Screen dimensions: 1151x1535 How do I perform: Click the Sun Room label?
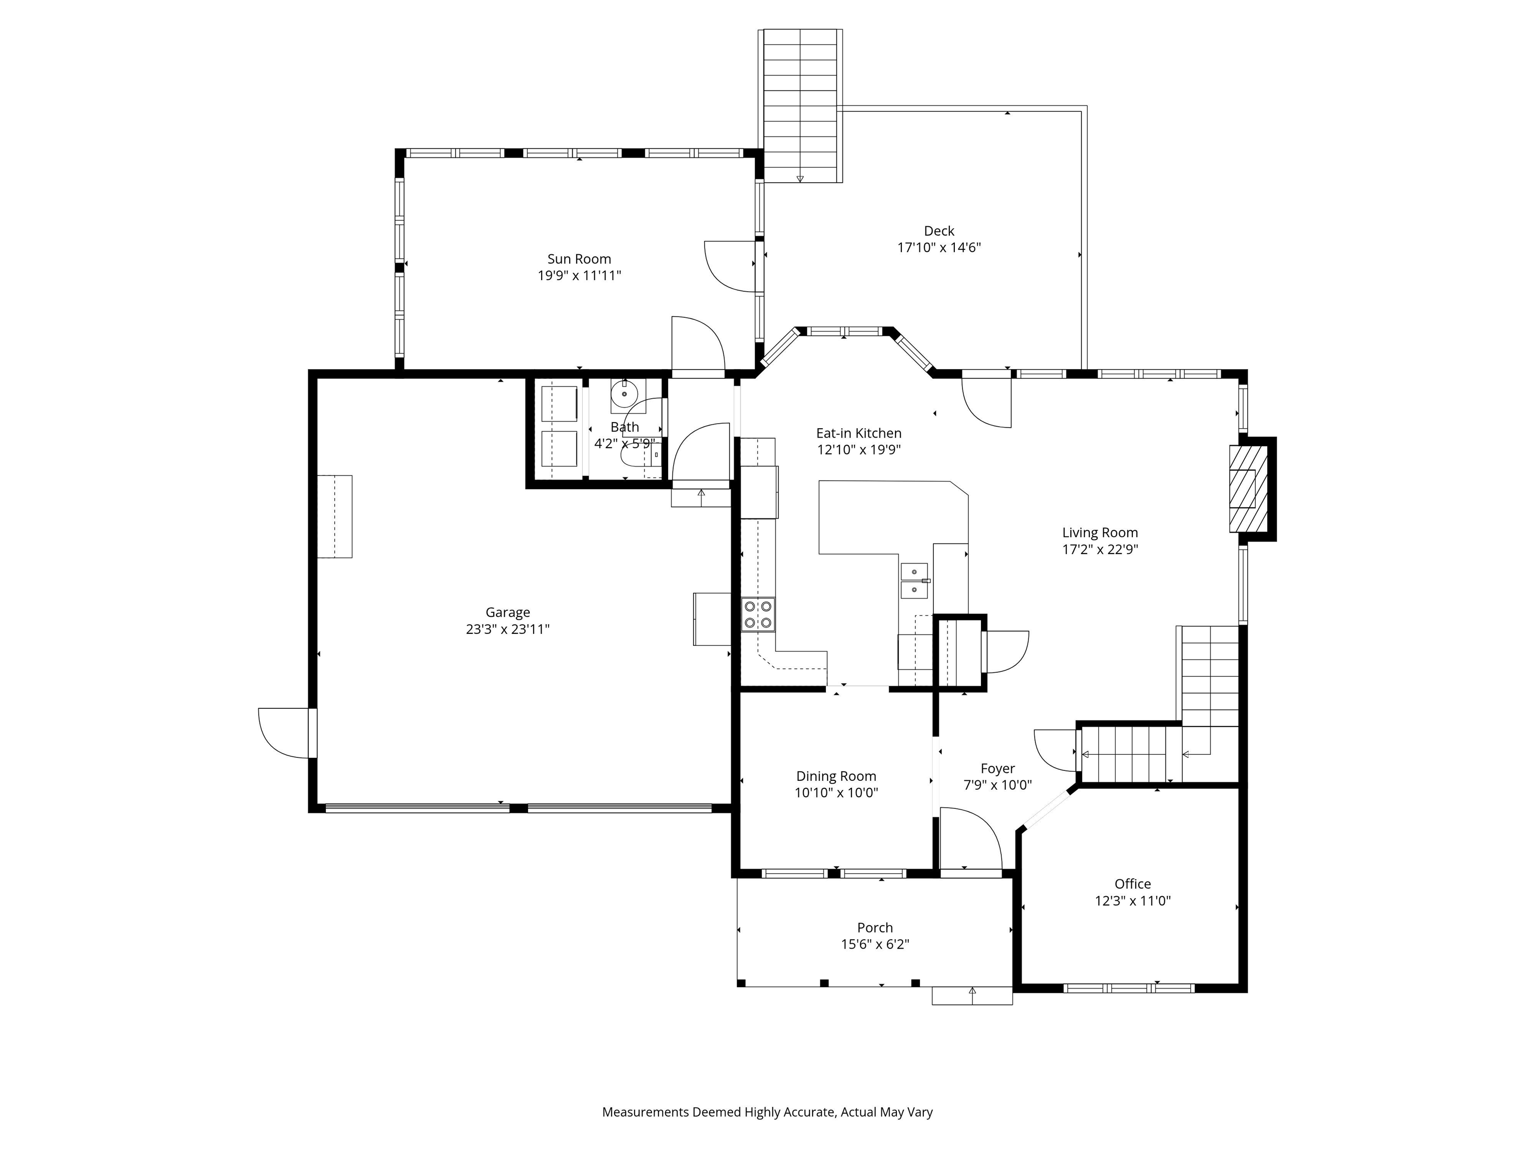pyautogui.click(x=579, y=259)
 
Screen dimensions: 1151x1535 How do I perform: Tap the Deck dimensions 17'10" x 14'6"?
pyautogui.click(x=938, y=248)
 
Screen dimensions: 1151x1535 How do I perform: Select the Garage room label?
pyautogui.click(x=507, y=612)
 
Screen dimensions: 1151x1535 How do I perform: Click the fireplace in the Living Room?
pyautogui.click(x=1248, y=489)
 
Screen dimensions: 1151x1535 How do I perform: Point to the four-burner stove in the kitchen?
pyautogui.click(x=758, y=614)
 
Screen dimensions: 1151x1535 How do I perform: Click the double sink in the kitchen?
pyautogui.click(x=914, y=580)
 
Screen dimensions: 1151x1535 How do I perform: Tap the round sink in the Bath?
pyautogui.click(x=625, y=393)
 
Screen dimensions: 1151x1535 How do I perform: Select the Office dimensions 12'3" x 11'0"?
pyautogui.click(x=1133, y=901)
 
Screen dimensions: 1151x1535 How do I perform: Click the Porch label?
pyautogui.click(x=874, y=928)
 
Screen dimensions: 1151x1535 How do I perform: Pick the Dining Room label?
pyautogui.click(x=835, y=776)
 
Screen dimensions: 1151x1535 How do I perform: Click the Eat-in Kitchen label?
pyautogui.click(x=858, y=433)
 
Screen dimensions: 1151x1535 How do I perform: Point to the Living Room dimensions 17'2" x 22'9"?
pyautogui.click(x=1100, y=550)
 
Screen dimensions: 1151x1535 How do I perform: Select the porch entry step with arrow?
pyautogui.click(x=971, y=996)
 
